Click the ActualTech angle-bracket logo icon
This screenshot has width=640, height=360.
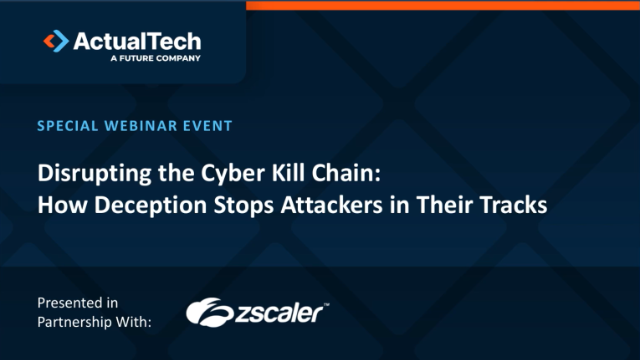pos(56,41)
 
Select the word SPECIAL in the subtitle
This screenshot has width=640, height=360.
pos(65,126)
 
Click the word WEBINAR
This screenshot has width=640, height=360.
pos(135,126)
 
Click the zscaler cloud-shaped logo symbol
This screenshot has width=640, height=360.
pos(208,312)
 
